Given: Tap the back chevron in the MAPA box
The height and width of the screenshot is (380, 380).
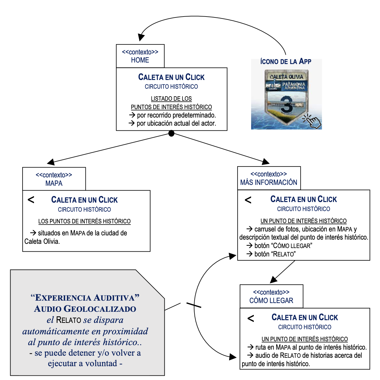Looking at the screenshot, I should pos(31,200).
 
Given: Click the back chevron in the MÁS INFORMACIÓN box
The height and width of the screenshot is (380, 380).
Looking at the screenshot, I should pos(248,200).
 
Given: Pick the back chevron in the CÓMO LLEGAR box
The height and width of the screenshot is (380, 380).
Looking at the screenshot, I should pos(251,318).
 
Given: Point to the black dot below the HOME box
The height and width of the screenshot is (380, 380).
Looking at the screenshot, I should pos(171,133).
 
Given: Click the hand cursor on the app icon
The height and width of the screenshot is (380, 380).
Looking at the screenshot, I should pos(313,121).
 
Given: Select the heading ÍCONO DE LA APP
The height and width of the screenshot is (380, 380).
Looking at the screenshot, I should pos(285,62).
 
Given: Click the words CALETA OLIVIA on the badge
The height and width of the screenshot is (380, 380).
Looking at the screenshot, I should pos(286,77).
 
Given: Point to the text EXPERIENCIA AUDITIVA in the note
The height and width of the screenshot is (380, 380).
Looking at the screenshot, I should pos(85,298).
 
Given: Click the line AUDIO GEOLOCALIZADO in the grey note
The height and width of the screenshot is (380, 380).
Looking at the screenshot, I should pos(85,309).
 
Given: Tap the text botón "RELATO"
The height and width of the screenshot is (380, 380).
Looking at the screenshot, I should pos(275,254).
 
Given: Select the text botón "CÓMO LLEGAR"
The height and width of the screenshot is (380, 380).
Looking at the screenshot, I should pos(283,246).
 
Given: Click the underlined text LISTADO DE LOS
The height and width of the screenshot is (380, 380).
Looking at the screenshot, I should pos(171,99).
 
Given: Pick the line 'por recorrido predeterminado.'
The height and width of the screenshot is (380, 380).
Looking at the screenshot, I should pos(176,115).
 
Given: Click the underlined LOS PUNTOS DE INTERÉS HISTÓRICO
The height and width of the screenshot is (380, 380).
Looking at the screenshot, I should pos(84,221).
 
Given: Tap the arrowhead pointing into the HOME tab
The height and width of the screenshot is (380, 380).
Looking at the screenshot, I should pos(141,38).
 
